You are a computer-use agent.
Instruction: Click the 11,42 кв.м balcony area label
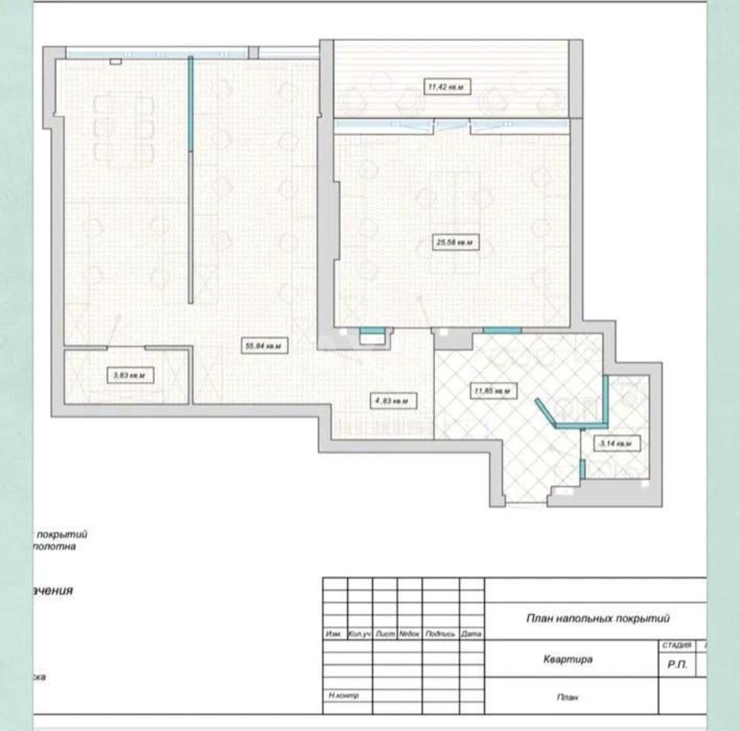449,87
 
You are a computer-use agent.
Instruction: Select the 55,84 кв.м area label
263,346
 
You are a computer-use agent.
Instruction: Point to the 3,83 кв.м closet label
129,375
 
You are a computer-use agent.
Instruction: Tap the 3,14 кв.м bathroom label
616,443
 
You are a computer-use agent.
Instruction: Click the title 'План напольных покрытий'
597,618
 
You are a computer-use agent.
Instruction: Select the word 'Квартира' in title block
567,659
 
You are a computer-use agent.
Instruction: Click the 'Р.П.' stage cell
676,665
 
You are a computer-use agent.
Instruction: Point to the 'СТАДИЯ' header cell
676,645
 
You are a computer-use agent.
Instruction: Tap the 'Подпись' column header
440,634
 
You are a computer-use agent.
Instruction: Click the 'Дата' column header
471,634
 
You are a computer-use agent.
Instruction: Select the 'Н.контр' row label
343,695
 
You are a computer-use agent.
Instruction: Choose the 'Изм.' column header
334,634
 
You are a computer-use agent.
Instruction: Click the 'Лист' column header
385,634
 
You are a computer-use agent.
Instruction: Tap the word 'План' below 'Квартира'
567,697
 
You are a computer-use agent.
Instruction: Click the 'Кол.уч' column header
360,634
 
